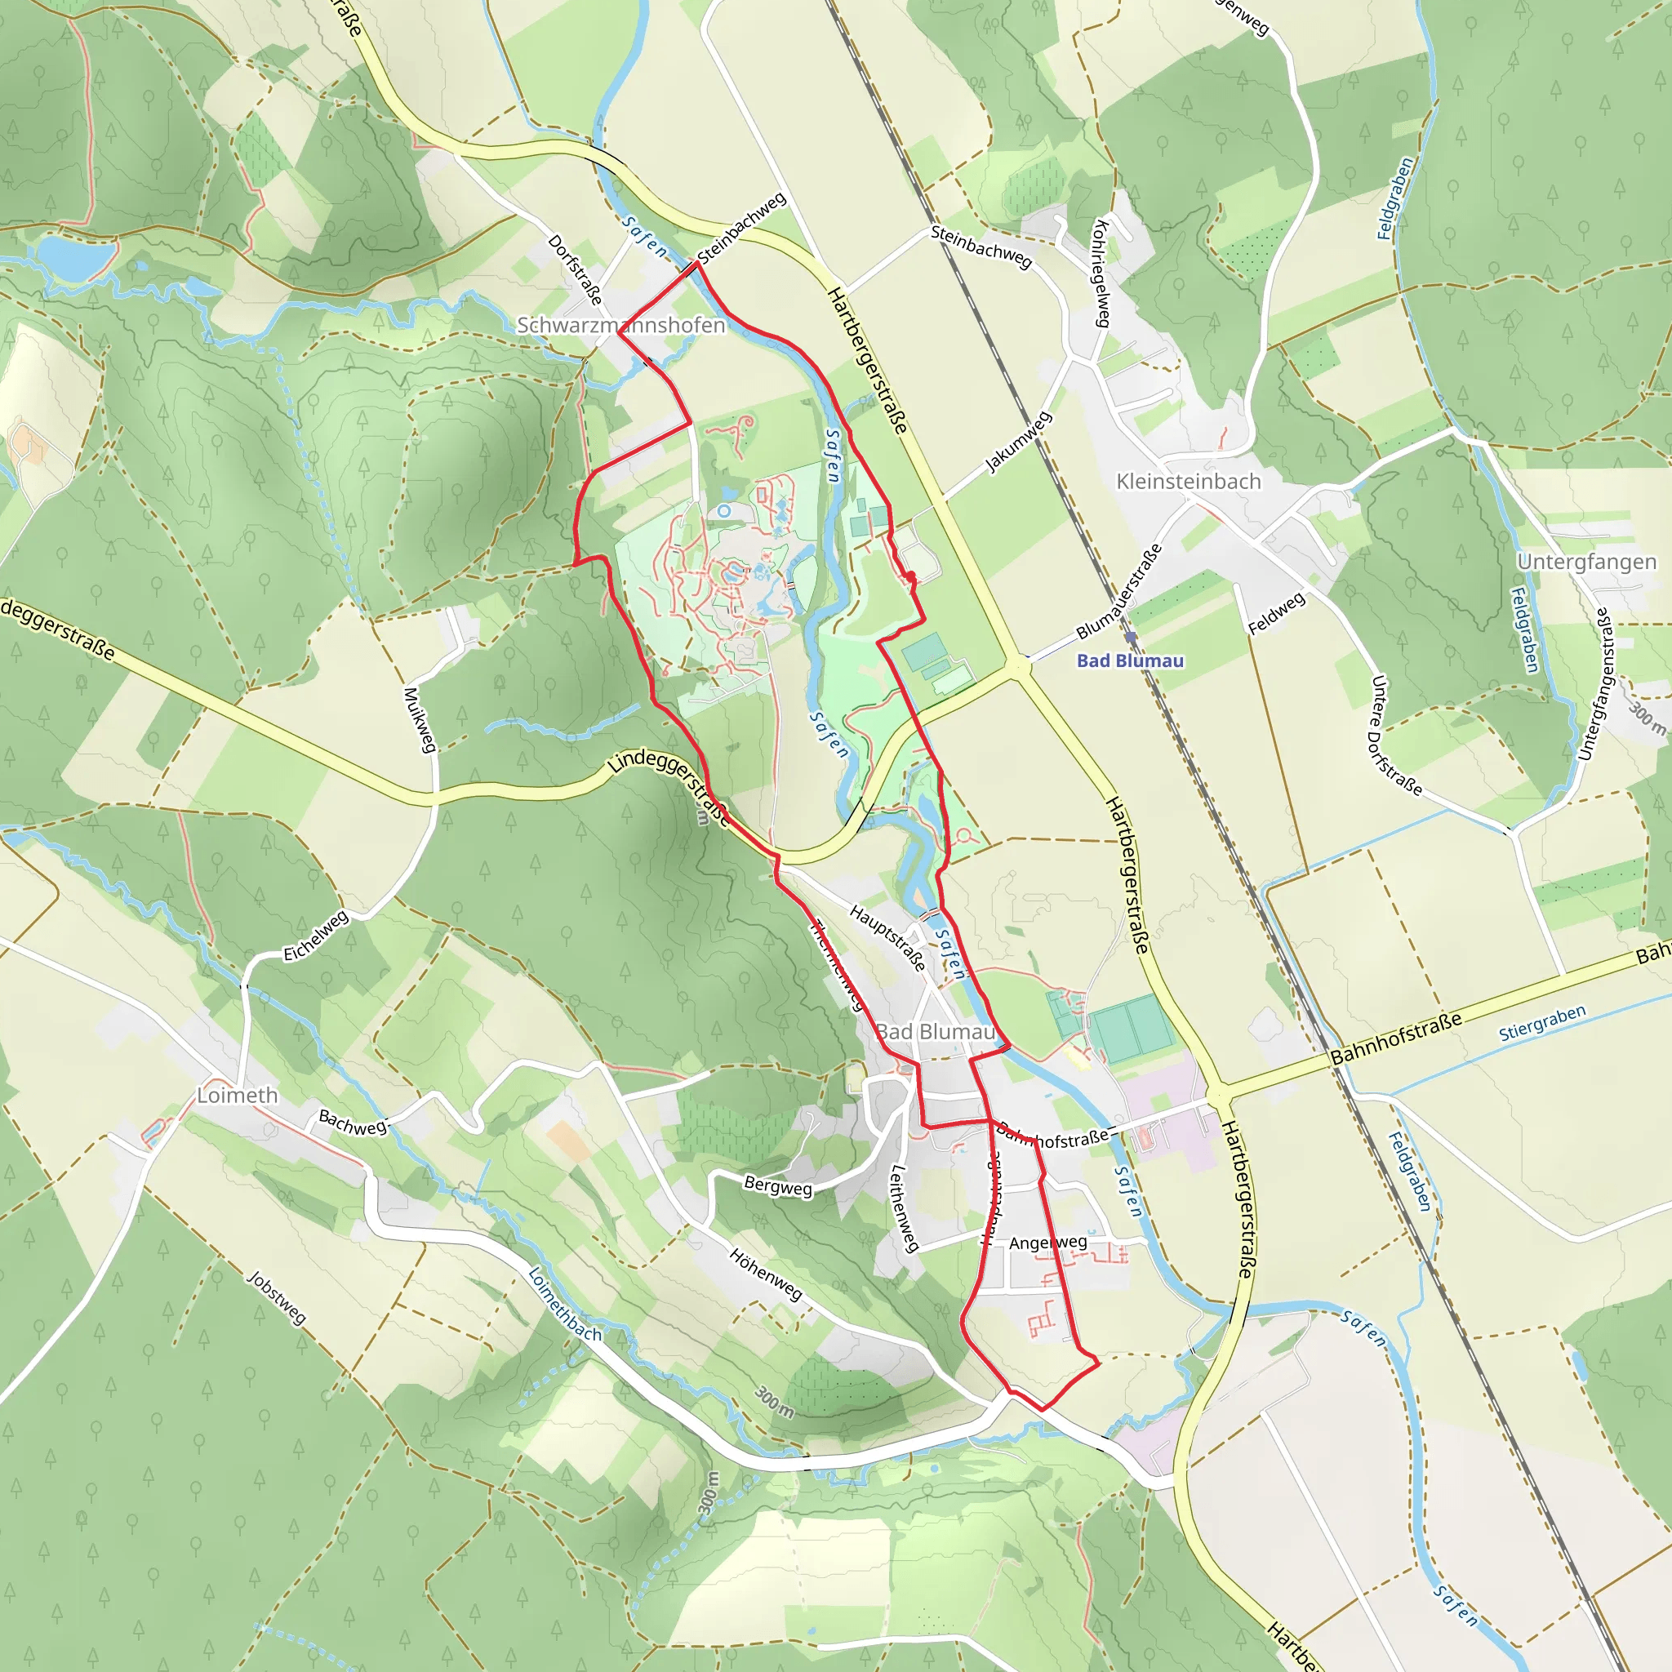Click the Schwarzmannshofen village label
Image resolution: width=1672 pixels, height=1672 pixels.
pos(620,326)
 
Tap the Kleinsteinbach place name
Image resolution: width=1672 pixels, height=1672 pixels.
pos(1188,482)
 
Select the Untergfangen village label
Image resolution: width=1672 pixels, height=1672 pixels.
pos(1586,562)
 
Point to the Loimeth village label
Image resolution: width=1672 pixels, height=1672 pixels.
pos(237,1096)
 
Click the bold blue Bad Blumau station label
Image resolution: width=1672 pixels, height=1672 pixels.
pos(1129,661)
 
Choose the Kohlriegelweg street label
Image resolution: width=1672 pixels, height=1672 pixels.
pos(1101,273)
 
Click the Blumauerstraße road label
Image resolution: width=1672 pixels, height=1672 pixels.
pos(1119,591)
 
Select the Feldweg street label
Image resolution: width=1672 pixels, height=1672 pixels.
pos(1277,614)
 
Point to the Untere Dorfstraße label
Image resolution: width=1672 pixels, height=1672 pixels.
pos(1394,736)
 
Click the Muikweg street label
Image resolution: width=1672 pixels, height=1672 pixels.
pos(420,719)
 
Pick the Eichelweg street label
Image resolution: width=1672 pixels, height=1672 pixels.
pos(316,936)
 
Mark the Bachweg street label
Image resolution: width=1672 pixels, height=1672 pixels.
pos(352,1123)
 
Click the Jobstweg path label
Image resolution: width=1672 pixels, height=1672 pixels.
pos(276,1298)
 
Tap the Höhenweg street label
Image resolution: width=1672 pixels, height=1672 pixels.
pos(766,1273)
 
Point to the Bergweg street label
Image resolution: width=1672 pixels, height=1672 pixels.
pos(778,1186)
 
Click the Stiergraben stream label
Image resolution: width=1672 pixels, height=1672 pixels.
pos(1542,1023)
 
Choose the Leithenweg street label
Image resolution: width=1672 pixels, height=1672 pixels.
pos(904,1208)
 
